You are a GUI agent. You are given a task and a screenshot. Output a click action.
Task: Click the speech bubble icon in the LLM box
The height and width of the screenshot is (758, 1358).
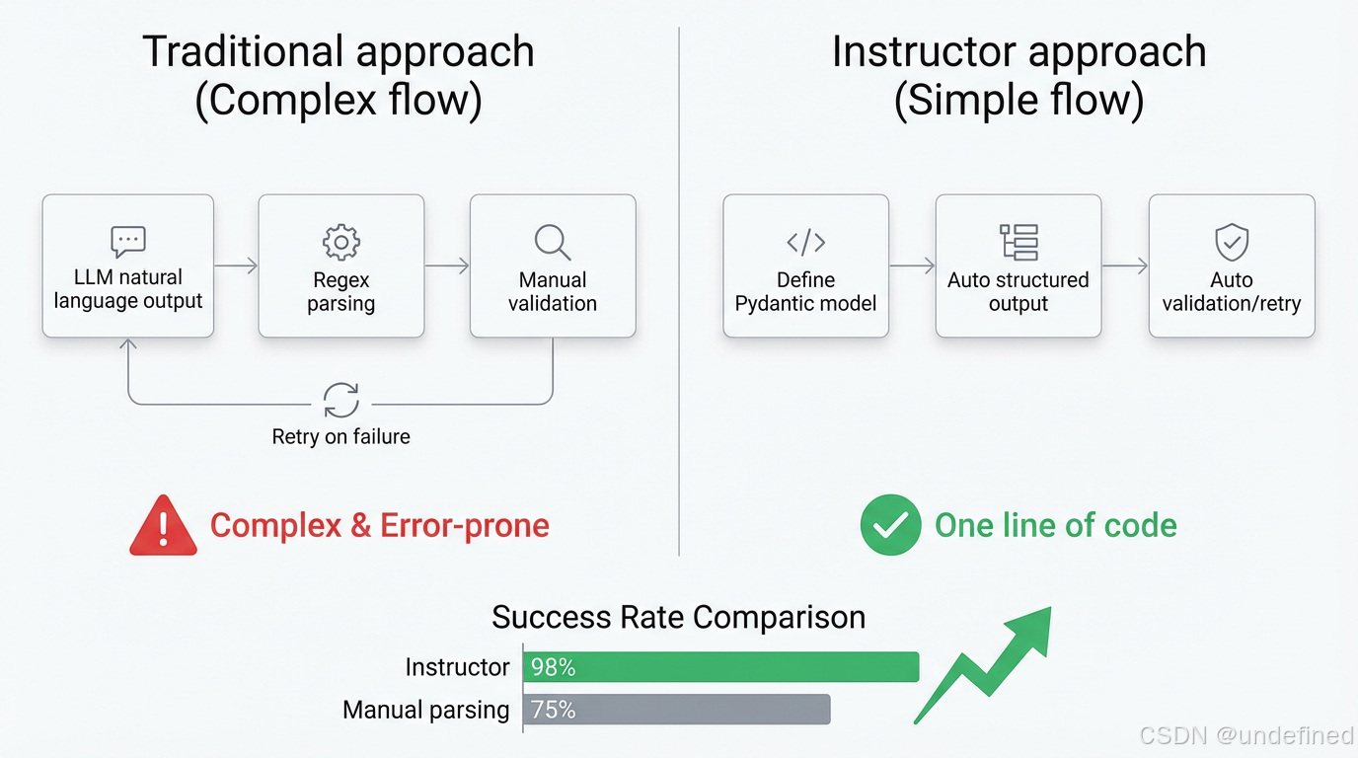(128, 241)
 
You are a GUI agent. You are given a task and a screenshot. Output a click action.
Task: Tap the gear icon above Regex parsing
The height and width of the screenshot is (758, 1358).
(341, 242)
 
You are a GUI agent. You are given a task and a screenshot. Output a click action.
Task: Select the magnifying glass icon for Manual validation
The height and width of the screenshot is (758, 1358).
(553, 242)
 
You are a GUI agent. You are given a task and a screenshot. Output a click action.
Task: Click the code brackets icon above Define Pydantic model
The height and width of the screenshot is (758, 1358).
(806, 242)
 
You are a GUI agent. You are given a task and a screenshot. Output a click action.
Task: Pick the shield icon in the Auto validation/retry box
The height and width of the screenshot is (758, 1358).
(1232, 242)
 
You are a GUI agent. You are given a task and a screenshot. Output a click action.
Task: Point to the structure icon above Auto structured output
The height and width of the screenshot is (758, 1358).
(1018, 242)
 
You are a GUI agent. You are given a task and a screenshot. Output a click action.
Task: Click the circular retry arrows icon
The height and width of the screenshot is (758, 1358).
(341, 402)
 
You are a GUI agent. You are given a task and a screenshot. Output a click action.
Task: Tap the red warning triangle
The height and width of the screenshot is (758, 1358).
(163, 525)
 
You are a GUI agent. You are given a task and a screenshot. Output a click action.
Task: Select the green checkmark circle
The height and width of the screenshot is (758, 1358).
(890, 525)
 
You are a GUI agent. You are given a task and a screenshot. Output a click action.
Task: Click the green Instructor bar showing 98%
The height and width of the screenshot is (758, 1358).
(720, 667)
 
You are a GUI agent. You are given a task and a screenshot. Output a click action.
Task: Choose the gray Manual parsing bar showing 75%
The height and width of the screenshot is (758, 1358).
(676, 710)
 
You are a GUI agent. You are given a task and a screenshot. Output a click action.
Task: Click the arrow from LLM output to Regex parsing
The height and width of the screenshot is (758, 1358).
(236, 265)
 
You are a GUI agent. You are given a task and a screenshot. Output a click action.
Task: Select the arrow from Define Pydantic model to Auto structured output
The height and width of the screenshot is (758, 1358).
(912, 265)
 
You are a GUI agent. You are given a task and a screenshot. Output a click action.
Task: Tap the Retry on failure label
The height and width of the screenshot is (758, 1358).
(341, 436)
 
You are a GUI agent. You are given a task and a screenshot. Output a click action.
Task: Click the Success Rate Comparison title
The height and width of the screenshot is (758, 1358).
(678, 618)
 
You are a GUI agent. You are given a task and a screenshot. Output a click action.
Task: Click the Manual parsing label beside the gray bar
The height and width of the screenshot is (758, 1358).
(426, 710)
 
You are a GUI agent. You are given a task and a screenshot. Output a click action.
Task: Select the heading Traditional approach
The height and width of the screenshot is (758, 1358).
(339, 51)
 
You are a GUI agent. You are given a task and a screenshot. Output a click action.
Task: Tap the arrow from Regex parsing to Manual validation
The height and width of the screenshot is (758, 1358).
(447, 265)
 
